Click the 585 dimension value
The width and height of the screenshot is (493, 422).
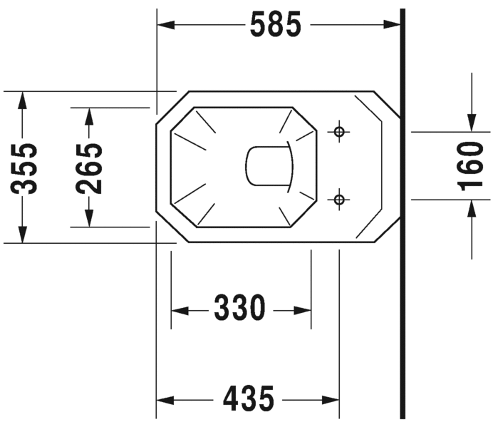pyautogui.click(x=276, y=26)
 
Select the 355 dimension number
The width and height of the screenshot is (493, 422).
pyautogui.click(x=26, y=168)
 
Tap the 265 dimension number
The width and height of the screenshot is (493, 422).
pyautogui.click(x=90, y=168)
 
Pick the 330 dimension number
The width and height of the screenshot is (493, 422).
pyautogui.click(x=239, y=309)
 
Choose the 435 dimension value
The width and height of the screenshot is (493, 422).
pyautogui.click(x=248, y=399)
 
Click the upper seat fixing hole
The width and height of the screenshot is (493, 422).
pyautogui.click(x=339, y=132)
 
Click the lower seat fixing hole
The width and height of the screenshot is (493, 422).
pyautogui.click(x=339, y=199)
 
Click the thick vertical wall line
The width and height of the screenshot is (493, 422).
pyautogui.click(x=402, y=285)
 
